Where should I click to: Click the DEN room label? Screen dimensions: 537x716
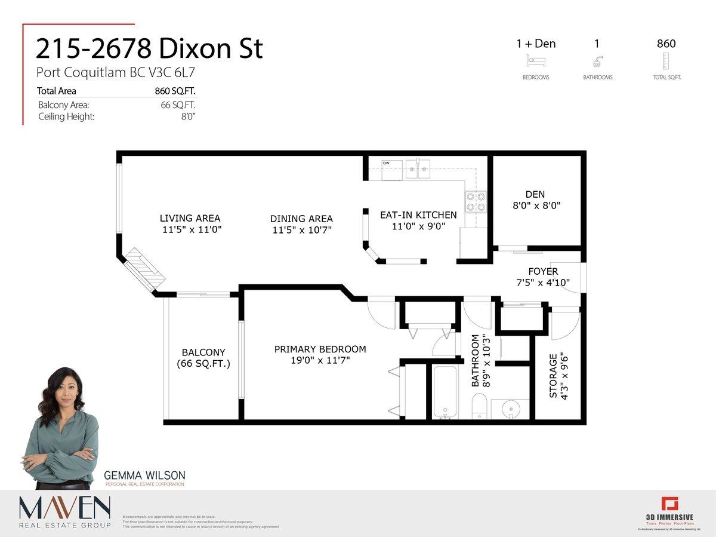tap(535, 194)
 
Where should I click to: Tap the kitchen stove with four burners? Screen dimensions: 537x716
tap(476, 201)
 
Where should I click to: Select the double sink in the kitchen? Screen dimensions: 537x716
tap(418, 169)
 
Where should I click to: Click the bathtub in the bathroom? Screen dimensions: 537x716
tap(445, 391)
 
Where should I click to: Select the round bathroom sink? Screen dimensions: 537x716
tap(510, 409)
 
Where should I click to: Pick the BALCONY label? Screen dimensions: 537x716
tap(203, 352)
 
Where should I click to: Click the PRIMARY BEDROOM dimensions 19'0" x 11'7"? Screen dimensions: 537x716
tap(320, 360)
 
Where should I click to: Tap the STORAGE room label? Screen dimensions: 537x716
tap(553, 375)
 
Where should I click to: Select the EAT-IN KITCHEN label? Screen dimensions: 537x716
tap(418, 215)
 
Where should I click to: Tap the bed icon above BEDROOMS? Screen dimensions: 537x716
tap(535, 61)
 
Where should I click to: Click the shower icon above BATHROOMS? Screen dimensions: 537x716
tap(597, 61)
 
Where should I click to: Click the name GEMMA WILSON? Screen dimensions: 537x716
tap(144, 475)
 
